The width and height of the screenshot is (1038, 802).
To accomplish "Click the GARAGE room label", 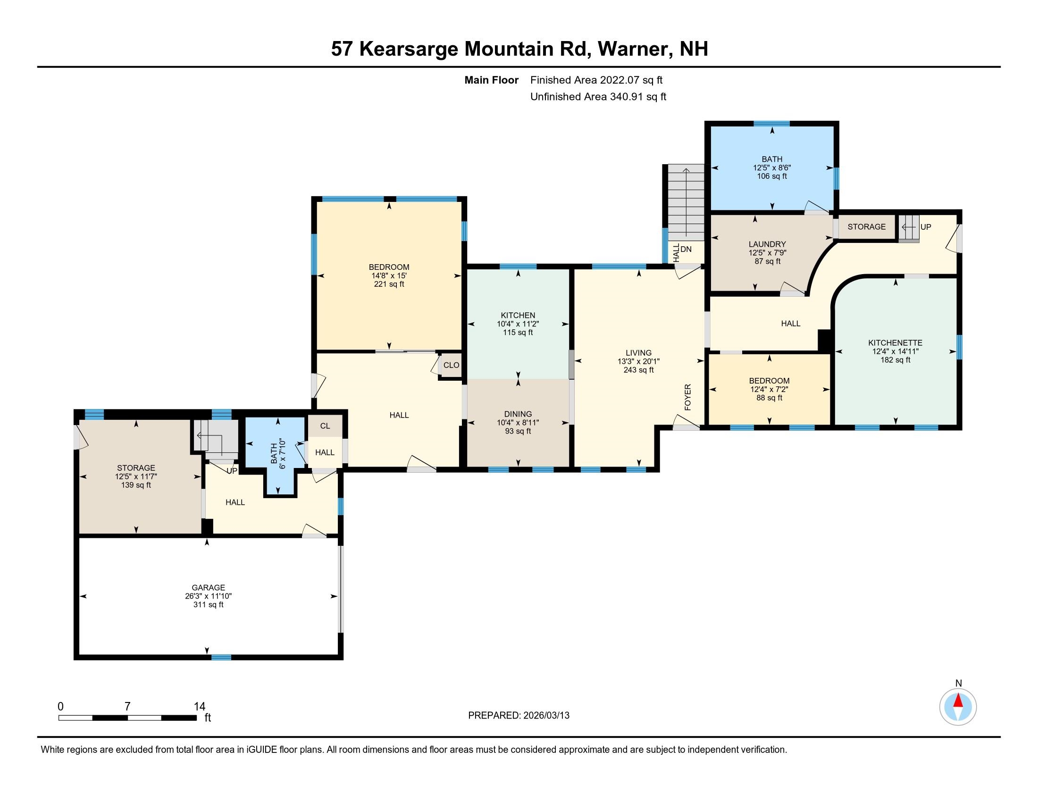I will pos(208,587).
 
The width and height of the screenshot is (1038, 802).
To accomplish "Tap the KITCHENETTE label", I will pos(895,343).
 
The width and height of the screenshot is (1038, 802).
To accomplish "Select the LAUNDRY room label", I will pos(767,244).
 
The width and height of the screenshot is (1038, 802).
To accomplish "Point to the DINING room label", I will pos(518,414).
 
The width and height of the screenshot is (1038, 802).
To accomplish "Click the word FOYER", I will pos(687,397).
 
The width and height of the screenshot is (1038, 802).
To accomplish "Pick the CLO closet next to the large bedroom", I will pos(451,365).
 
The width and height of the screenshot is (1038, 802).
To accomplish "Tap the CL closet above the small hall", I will pos(325,426).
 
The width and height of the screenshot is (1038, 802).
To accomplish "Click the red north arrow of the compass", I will pos(958,701).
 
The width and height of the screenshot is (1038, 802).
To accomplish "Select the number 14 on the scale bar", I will pos(199,707).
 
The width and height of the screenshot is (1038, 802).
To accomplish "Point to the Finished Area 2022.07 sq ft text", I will pos(596,80).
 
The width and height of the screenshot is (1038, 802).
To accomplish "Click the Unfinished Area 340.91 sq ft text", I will pos(598,96).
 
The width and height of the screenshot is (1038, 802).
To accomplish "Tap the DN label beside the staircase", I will pos(686,249).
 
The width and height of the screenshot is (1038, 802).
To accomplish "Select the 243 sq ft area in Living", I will pos(638,370).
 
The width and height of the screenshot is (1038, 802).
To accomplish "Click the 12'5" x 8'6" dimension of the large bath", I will pos(771,168).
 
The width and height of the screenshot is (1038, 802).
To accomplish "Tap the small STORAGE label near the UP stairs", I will pos(866,226).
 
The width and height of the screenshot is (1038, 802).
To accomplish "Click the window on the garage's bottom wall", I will pos(221,657).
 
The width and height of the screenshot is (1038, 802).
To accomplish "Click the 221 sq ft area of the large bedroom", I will pos(389,284).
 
